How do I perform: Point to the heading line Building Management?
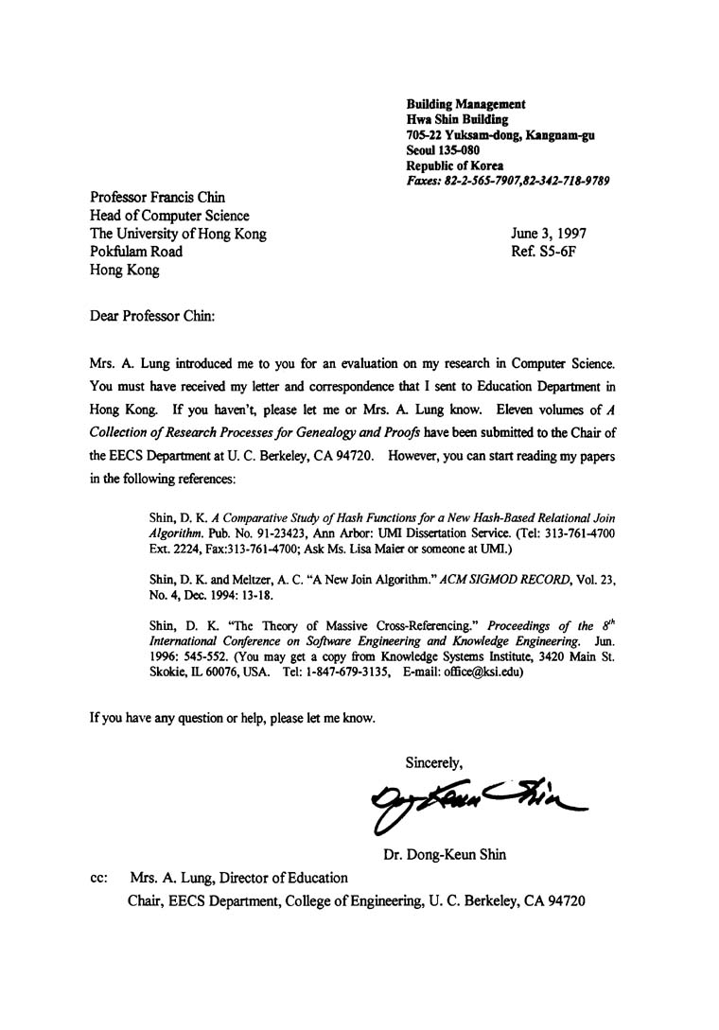(466, 104)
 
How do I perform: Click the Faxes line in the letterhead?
(507, 180)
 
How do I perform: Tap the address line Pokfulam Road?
(136, 252)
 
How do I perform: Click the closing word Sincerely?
(434, 760)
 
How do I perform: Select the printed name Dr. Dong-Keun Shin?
(445, 855)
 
